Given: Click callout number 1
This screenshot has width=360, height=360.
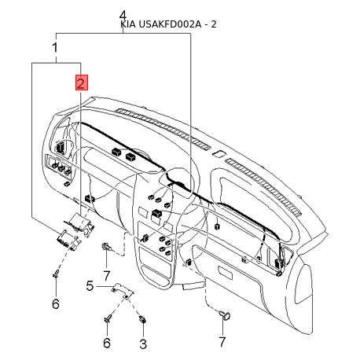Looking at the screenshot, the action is [x=55, y=48].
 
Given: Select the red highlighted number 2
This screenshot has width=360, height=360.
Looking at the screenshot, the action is [x=82, y=83].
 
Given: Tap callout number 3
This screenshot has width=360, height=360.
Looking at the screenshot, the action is [x=143, y=343].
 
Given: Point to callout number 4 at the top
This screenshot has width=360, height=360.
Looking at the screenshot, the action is [x=123, y=16].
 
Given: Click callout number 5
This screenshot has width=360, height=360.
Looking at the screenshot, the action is [x=90, y=285].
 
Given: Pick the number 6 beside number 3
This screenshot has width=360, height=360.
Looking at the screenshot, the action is [x=107, y=343].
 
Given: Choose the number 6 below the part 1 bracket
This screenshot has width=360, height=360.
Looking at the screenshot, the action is [x=56, y=304].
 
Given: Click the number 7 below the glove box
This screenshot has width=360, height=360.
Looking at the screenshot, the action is [x=222, y=342].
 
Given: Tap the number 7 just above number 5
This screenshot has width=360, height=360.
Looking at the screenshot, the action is [x=106, y=276].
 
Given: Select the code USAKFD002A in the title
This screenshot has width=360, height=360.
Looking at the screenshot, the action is [x=169, y=24].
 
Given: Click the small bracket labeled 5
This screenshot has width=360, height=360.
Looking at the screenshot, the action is [x=123, y=290].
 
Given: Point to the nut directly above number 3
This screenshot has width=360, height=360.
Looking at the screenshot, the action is [x=142, y=319].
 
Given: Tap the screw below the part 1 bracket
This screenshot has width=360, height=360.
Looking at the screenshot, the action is [x=57, y=273].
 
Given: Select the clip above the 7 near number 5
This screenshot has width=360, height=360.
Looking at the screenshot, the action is [x=107, y=247].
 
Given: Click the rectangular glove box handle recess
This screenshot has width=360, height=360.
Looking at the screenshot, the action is [x=226, y=273].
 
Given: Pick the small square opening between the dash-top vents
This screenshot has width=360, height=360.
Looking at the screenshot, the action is [x=219, y=153].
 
